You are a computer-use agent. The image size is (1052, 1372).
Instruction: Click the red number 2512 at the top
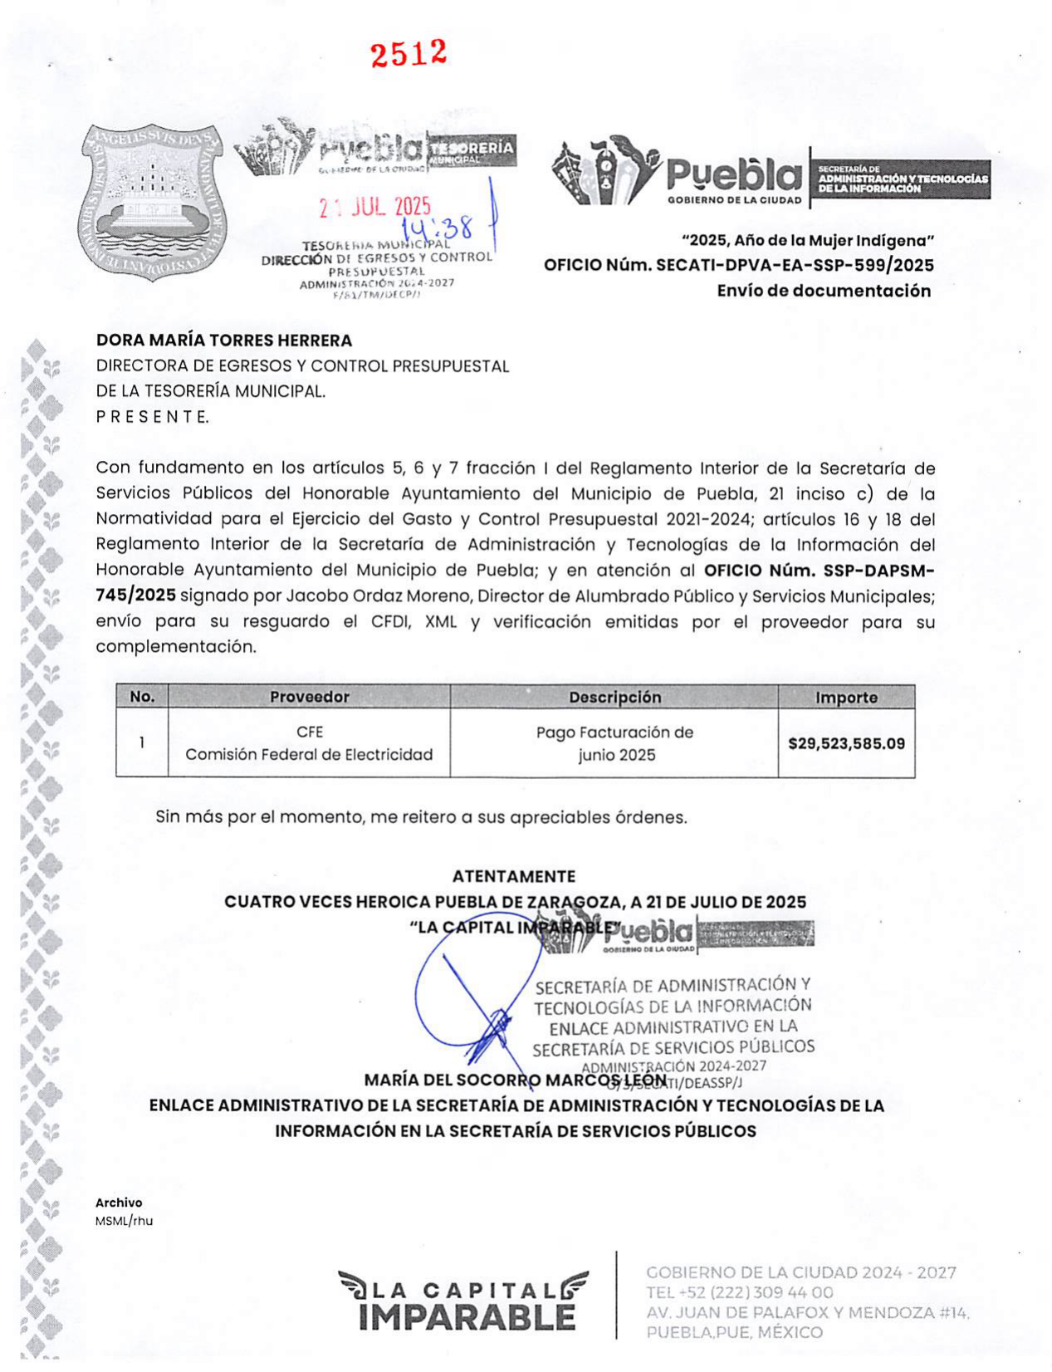coord(409,54)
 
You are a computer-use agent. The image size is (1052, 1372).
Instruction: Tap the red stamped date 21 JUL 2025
coord(375,207)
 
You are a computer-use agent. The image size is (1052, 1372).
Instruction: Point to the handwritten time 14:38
coord(438,226)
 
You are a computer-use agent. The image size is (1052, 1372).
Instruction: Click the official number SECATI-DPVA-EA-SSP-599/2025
coord(795,265)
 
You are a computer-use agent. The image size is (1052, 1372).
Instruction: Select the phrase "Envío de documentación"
coord(824,291)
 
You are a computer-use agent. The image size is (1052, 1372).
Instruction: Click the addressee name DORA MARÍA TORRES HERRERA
coord(224,340)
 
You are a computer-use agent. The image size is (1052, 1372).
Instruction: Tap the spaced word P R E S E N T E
coord(153,417)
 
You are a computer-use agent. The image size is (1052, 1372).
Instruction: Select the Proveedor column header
coord(309,697)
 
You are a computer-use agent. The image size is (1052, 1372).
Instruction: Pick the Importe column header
coord(846,698)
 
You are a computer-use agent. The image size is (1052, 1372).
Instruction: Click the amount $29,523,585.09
coord(846,743)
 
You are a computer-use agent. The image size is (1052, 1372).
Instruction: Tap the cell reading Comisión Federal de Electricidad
coord(309,754)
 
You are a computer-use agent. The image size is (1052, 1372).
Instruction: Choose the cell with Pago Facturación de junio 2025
coord(614,743)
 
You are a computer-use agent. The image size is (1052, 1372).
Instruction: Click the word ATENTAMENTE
coord(514,876)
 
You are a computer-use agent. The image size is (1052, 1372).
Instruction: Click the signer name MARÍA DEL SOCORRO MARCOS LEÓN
coord(515,1080)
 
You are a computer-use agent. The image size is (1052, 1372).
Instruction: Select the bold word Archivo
coord(119,1203)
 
